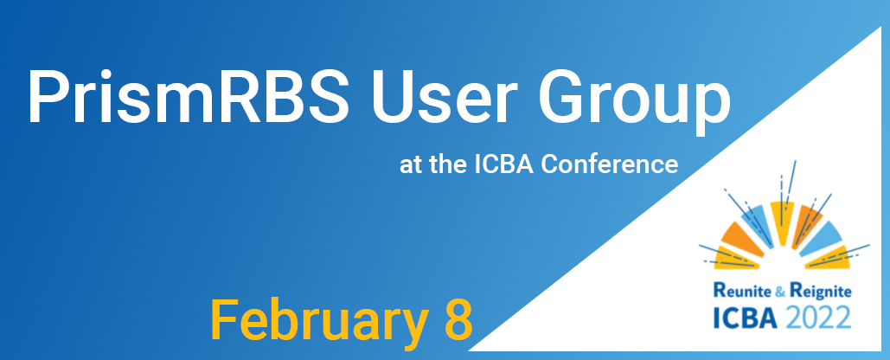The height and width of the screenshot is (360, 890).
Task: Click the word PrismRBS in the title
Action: point(188,96)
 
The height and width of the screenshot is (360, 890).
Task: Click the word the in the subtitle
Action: point(445,164)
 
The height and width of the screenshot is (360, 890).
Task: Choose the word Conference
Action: point(609,164)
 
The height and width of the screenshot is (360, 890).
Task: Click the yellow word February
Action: point(319,321)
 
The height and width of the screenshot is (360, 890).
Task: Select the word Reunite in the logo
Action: point(740,292)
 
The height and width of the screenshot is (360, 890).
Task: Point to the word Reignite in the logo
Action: point(819,292)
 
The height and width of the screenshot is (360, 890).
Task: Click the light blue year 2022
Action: point(818,318)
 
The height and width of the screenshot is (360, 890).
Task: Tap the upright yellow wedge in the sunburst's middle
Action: point(782,223)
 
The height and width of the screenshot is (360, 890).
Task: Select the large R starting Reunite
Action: point(719,291)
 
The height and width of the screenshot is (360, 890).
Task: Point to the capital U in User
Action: point(394,97)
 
